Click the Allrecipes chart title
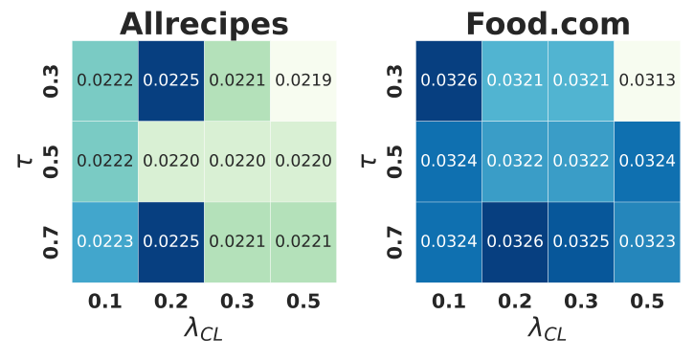click(204, 23)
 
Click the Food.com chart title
click(548, 23)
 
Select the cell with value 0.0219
click(303, 80)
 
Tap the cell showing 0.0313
click(647, 80)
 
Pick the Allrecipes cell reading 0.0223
click(105, 242)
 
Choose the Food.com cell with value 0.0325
click(581, 242)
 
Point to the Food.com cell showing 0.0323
click(647, 242)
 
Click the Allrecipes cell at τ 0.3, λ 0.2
click(171, 80)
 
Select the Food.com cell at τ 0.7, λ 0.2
click(515, 242)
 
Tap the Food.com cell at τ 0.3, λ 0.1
click(449, 80)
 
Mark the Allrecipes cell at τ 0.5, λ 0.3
click(237, 162)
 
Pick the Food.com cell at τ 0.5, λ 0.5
click(647, 162)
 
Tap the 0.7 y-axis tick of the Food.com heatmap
click(394, 242)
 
